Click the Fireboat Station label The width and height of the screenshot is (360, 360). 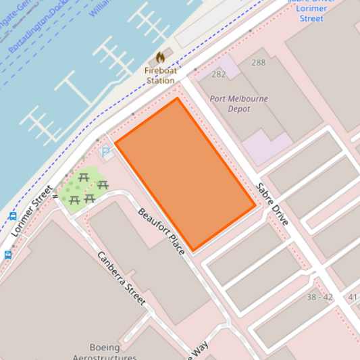click(x=160, y=75)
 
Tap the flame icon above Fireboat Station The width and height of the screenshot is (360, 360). click(x=160, y=57)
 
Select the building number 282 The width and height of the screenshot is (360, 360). click(x=218, y=74)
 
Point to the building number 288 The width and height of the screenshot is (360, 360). click(x=258, y=63)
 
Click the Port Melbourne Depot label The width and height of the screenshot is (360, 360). click(x=238, y=103)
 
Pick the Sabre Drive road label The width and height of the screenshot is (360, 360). click(x=272, y=204)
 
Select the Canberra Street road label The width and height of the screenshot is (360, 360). click(x=122, y=278)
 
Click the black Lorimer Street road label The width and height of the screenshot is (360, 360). click(x=32, y=211)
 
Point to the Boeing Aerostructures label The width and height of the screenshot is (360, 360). click(x=104, y=352)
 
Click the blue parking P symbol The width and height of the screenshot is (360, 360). click(x=106, y=153)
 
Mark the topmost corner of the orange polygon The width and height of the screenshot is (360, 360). click(x=177, y=98)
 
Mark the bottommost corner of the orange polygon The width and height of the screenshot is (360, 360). click(x=194, y=251)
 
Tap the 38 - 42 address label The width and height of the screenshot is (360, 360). click(x=319, y=297)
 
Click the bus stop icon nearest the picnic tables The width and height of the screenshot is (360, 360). click(x=13, y=217)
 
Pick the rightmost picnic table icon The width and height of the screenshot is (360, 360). click(x=103, y=184)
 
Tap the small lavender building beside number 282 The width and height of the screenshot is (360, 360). click(x=227, y=66)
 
